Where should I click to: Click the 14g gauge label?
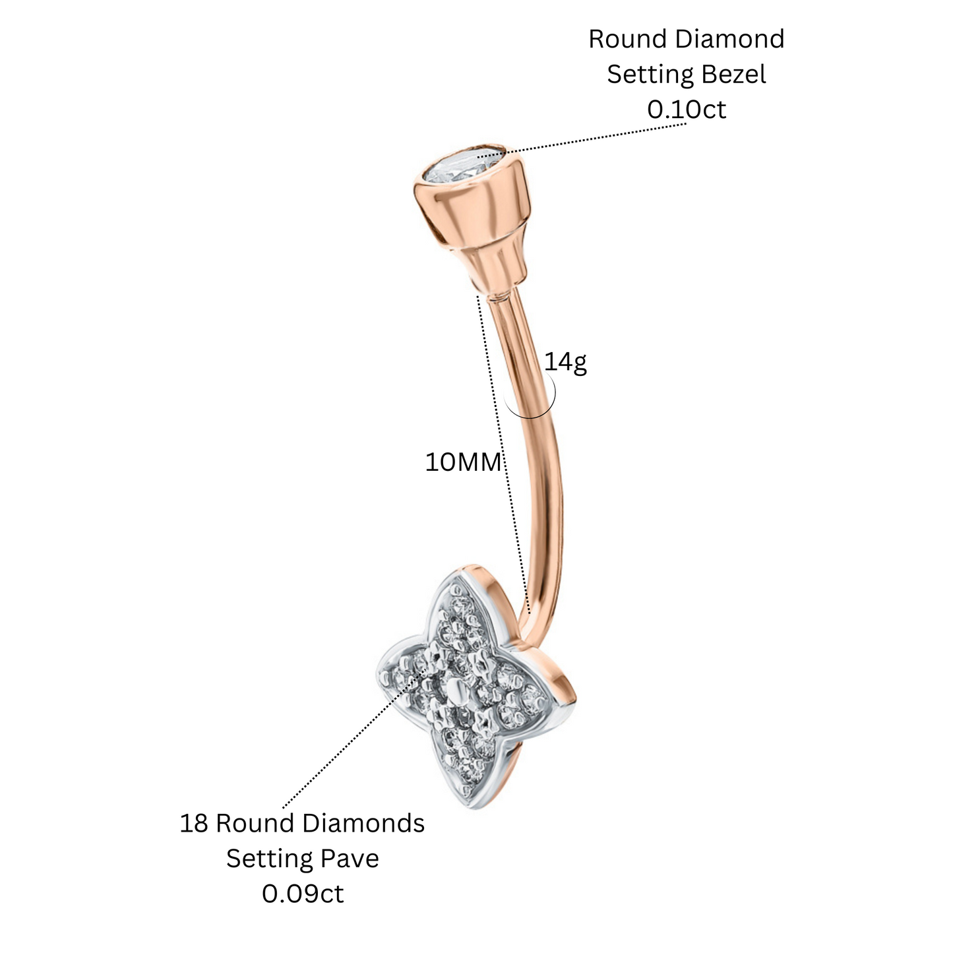(x=565, y=363)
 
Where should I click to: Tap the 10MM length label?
(x=463, y=463)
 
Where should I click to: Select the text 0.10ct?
(x=687, y=109)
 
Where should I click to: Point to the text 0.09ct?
(x=303, y=894)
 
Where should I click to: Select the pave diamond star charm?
(x=464, y=692)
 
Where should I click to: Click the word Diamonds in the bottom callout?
(x=363, y=824)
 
